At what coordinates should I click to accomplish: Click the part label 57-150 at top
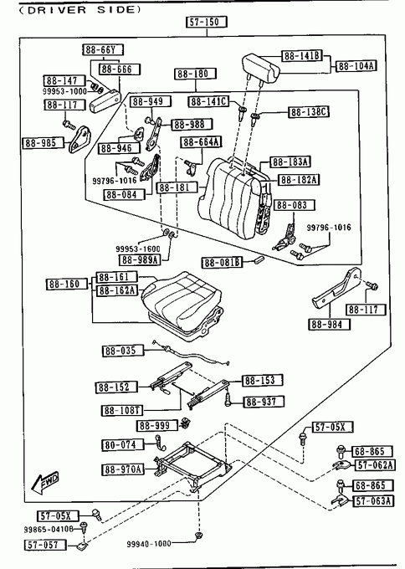(207, 22)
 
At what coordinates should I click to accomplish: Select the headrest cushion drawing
(261, 67)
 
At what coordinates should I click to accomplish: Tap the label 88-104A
(356, 65)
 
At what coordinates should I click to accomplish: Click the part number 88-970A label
(123, 469)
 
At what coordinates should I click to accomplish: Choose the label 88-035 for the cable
(123, 351)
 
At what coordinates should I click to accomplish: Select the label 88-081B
(222, 262)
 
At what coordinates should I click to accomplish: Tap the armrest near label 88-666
(105, 100)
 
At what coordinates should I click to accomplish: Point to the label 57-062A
(375, 464)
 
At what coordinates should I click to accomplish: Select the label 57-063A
(373, 500)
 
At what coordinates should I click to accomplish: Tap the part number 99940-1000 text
(149, 543)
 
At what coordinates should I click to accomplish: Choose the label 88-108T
(121, 410)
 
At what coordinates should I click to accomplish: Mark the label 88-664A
(202, 142)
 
